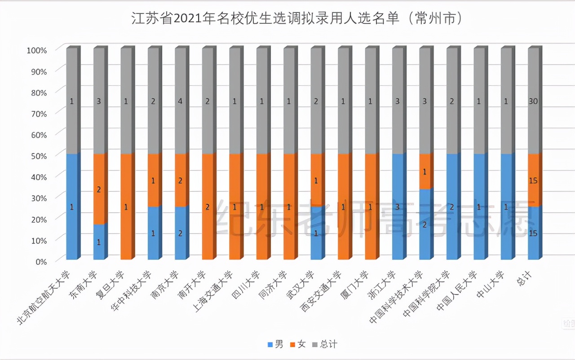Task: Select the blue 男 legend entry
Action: (x=275, y=345)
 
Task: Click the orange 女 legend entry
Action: (x=297, y=345)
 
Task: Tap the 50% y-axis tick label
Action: (x=39, y=155)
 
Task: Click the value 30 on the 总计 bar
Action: (x=533, y=102)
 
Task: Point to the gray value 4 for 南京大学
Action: (x=180, y=102)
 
